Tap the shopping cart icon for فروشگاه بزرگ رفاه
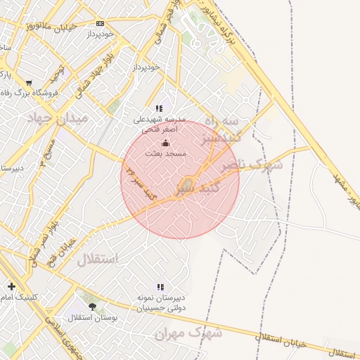(29, 82)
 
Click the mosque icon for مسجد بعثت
(166, 143)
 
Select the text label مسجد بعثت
(166, 153)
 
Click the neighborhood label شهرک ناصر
(251, 166)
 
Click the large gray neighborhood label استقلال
(97, 260)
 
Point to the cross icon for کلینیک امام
(11, 286)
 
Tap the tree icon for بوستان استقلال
(92, 307)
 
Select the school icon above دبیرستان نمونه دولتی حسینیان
(160, 287)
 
